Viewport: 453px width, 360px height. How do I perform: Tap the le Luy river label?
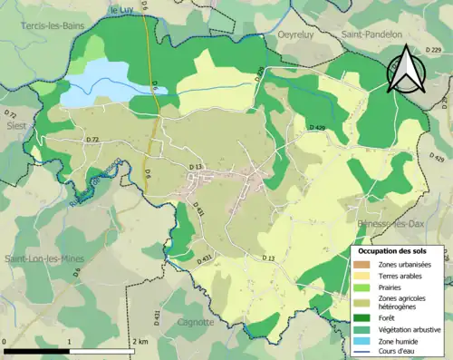pyautogui.click(x=122, y=10)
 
